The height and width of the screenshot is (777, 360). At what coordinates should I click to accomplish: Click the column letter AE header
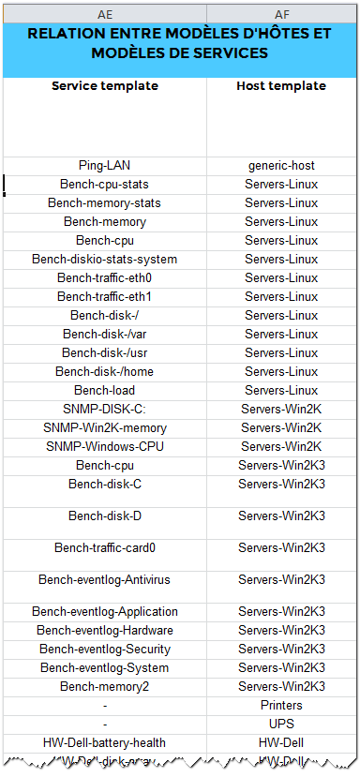105,15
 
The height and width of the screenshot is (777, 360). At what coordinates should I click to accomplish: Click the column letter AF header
281,15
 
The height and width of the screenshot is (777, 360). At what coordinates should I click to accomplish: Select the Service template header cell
105,86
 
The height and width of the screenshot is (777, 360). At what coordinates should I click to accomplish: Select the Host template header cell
281,86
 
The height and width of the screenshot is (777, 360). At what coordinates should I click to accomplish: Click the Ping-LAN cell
105,166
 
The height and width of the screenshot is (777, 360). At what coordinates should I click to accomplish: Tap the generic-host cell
281,166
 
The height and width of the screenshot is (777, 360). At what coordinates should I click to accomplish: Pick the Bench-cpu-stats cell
105,185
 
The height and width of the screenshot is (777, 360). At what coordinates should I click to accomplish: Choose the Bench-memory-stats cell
105,203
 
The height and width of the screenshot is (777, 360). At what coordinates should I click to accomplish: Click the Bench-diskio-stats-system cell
105,260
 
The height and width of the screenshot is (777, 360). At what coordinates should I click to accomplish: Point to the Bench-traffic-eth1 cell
105,297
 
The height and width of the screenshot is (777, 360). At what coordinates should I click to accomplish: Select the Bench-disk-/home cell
105,372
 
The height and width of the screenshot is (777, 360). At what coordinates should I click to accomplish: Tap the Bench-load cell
105,391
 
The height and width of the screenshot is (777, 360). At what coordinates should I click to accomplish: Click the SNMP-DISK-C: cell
105,410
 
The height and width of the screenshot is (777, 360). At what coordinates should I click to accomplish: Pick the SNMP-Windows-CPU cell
105,447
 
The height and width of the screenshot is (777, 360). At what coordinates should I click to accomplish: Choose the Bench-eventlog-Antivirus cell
105,580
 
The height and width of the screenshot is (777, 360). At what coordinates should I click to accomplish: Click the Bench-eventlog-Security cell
105,650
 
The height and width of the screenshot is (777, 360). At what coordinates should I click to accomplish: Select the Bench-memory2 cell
105,687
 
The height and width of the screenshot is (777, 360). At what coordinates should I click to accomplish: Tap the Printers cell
281,706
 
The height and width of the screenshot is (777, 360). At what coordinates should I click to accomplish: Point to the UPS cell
281,725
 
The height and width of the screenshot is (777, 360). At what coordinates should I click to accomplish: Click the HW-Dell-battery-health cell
105,743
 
